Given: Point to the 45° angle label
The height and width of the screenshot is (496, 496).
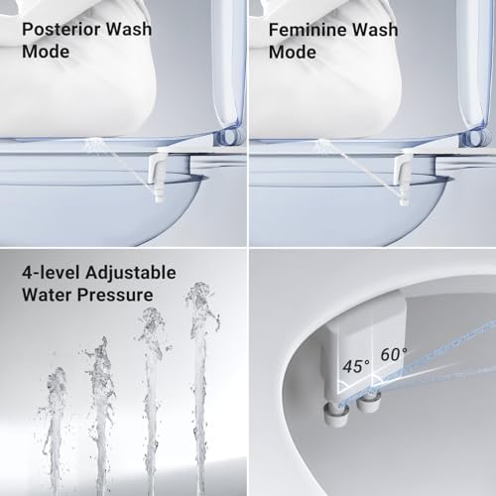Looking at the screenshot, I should click(x=355, y=366).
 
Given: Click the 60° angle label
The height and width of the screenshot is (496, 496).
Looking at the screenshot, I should click(x=392, y=354).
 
